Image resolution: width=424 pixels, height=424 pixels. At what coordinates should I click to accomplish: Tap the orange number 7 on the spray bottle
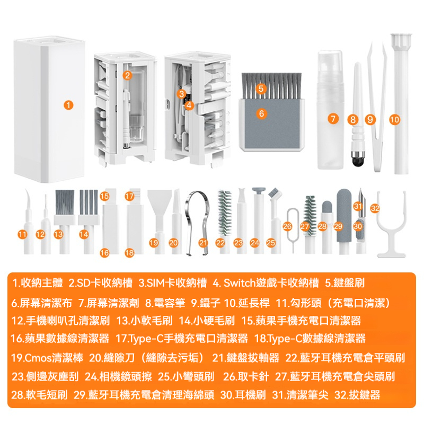point(333,119)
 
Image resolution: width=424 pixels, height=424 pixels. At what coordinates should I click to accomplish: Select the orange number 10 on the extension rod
point(394,119)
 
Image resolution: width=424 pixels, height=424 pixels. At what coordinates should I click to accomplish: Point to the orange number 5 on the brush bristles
point(260,89)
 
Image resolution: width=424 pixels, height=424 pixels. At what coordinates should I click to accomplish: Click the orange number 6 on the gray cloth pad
point(261,113)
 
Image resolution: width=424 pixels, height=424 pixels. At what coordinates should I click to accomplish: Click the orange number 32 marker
point(375,208)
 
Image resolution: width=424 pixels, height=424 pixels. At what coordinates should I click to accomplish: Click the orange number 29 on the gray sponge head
point(338,226)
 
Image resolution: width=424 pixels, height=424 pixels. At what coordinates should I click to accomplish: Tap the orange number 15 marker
point(104,196)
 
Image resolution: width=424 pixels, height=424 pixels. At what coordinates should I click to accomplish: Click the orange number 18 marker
point(129,253)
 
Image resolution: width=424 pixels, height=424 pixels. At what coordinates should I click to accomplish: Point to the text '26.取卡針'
point(247,376)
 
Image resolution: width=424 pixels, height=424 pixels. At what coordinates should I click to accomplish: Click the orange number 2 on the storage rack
point(127,75)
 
